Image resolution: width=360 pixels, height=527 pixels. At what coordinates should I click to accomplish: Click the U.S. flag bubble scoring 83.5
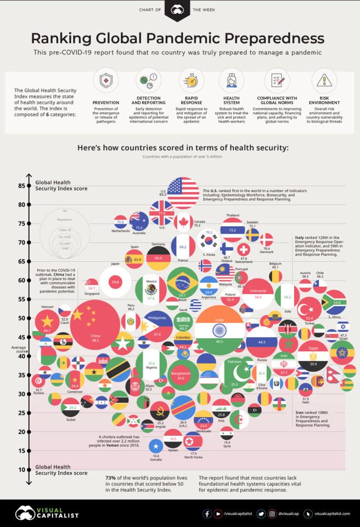pos(183,193)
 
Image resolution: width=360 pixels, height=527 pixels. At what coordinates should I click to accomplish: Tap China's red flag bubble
pos(95,324)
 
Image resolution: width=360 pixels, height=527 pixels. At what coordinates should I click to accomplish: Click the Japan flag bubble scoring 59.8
pos(115,282)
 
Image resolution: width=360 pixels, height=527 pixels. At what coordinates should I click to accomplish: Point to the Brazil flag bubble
pos(182,283)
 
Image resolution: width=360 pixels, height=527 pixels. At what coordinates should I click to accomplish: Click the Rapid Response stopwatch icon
pos(191,81)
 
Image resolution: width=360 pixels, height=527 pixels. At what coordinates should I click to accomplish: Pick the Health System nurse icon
pos(231,81)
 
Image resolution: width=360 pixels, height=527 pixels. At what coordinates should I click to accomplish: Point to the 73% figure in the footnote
pos(112,479)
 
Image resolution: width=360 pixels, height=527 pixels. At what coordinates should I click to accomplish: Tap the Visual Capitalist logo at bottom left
pos(47,513)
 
